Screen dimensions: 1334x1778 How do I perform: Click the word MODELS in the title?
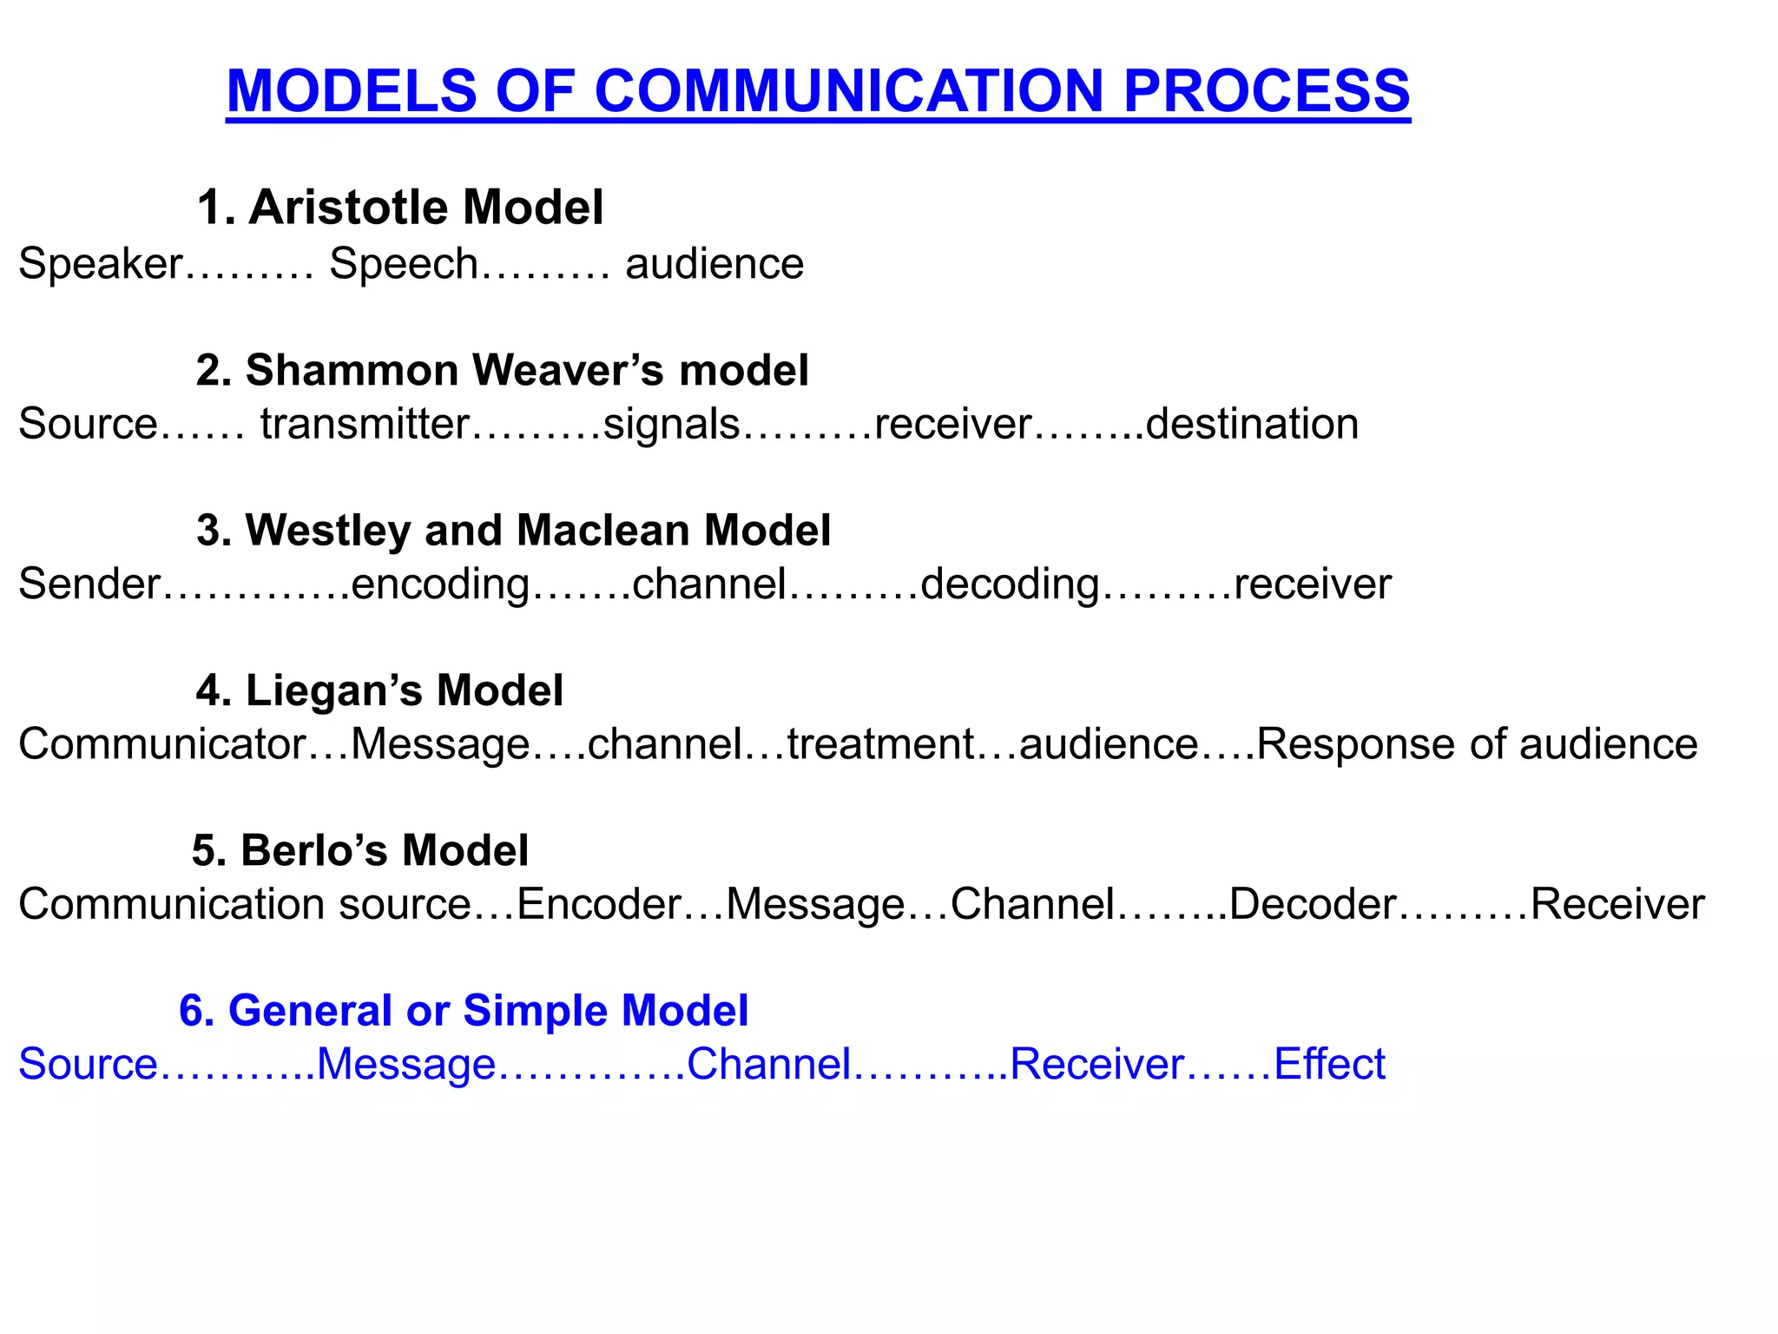352,90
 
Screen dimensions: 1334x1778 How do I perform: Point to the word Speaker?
100,264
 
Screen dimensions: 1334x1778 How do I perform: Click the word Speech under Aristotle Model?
404,264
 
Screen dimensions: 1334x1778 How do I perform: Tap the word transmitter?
365,425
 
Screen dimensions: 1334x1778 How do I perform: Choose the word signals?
671,425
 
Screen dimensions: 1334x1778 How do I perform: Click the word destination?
1252,425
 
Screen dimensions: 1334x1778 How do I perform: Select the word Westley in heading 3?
328,530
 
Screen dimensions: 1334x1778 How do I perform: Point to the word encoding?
440,584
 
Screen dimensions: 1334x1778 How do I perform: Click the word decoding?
1010,584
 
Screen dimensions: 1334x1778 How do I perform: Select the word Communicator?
161,744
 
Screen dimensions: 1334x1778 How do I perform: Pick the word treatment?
880,744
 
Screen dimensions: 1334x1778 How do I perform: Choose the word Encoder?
599,904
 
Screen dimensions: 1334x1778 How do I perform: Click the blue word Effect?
1329,1065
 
